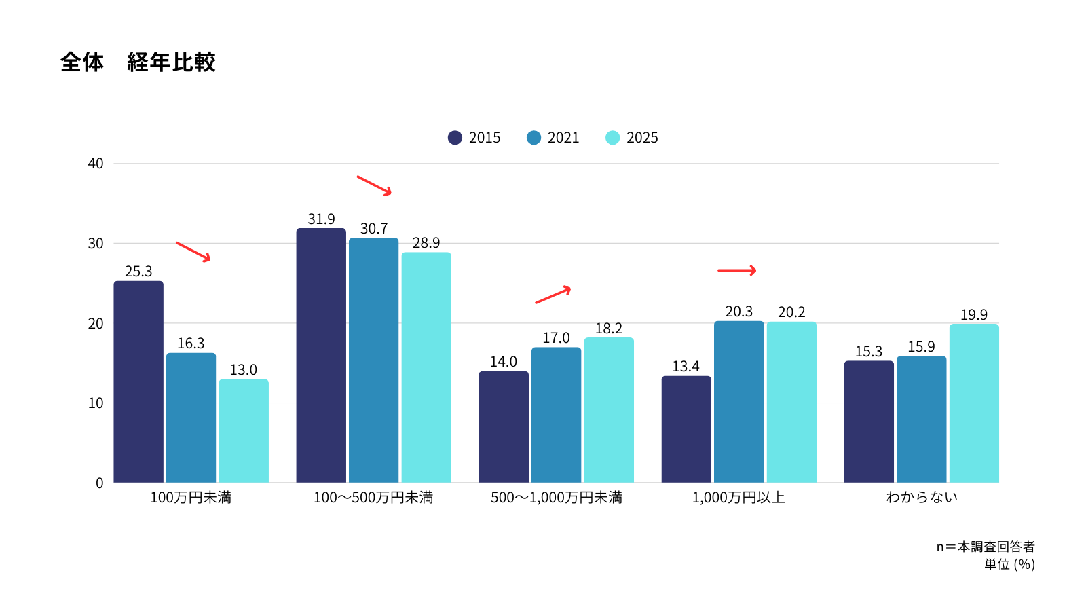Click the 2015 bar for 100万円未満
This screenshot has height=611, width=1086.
pos(138,382)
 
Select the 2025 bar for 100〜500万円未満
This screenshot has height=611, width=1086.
pos(426,367)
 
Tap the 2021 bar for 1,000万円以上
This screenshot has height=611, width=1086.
pos(738,402)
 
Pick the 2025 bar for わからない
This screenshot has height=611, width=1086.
pos(974,403)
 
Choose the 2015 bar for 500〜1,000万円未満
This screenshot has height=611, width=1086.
pos(504,427)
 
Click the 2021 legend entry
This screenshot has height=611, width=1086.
pos(553,138)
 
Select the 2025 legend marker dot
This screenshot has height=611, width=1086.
pos(612,138)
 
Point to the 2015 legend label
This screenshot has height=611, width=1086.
pos(485,138)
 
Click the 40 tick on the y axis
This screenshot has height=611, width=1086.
pos(96,164)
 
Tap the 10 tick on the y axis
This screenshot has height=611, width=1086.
pos(96,403)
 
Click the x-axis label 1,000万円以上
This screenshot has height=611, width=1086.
pos(738,498)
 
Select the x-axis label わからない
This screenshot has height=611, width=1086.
pos(921,498)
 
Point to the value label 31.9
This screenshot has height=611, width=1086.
pos(321,219)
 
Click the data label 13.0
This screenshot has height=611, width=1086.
pos(243,370)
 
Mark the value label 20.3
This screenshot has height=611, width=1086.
pos(738,312)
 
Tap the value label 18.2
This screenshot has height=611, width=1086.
pos(609,329)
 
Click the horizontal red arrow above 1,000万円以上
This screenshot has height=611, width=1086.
pos(736,270)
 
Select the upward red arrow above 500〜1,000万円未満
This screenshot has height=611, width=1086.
pos(553,295)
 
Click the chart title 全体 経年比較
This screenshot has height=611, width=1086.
pos(138,62)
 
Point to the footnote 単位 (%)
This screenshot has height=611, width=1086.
pos(1009,564)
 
